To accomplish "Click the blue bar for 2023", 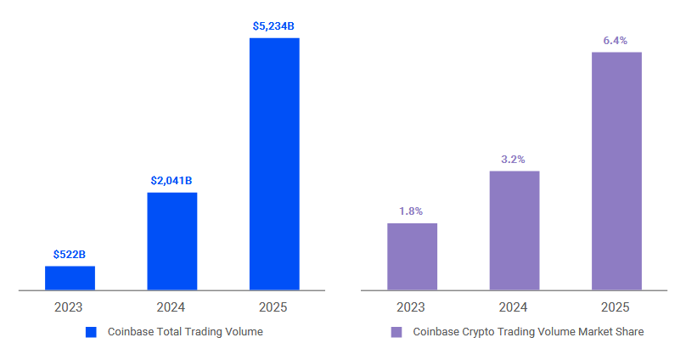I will (70, 278).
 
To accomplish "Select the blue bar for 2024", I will (171, 241).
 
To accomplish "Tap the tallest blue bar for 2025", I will (274, 164).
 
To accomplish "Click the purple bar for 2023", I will (412, 256).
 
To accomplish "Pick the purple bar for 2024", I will (514, 230).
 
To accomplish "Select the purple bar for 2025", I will (616, 171).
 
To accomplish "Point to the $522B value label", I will (70, 254).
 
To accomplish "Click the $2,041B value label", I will (171, 180).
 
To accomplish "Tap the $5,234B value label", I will (273, 26).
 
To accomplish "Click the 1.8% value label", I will (412, 211).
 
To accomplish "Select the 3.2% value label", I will (514, 159).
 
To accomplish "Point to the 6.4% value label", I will (616, 40).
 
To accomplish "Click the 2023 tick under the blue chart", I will (70, 307).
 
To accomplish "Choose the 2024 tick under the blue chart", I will (171, 307).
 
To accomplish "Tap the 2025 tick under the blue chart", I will (273, 307).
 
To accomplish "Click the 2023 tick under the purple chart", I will (412, 307).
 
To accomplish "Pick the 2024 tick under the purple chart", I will (514, 307).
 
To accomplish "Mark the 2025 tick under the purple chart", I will (616, 307).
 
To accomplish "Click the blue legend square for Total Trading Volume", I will (92, 332).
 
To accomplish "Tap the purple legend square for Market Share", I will (396, 332).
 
